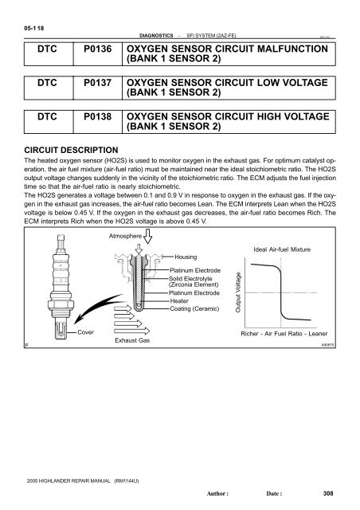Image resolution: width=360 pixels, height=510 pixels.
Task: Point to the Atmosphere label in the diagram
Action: [x=123, y=236]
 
